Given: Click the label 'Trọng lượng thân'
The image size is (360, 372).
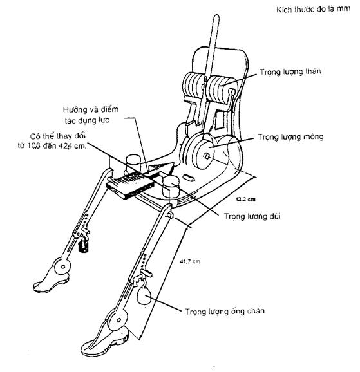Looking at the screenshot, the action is [x=290, y=72].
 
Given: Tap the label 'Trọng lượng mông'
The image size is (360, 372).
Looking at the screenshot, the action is [x=290, y=137].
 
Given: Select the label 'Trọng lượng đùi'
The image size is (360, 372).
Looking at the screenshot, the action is [x=252, y=216].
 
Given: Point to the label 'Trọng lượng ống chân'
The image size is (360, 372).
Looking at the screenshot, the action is [x=225, y=312].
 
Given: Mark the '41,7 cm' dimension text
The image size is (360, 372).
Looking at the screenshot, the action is [x=190, y=262].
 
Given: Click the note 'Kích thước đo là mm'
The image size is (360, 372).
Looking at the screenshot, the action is [x=313, y=10].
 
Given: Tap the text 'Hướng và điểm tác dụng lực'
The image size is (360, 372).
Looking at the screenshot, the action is [x=90, y=115].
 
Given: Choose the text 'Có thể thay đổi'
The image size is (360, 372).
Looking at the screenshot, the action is [x=58, y=136].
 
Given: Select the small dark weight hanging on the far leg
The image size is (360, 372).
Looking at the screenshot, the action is [x=83, y=246].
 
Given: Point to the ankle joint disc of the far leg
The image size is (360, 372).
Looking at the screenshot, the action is [x=62, y=266].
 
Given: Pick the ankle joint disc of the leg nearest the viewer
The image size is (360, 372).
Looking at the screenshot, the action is [x=118, y=321].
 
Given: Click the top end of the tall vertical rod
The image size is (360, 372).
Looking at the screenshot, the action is [x=216, y=15].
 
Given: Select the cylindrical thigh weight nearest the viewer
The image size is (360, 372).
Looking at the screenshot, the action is [x=171, y=187].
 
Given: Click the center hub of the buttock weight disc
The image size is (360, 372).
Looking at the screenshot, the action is [x=206, y=156].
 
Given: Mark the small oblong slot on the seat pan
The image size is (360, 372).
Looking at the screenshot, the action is [x=189, y=178].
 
